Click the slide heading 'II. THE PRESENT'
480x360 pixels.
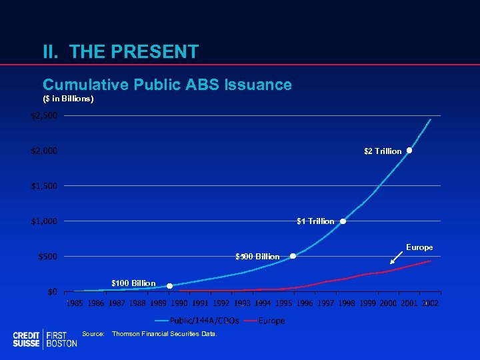click(120, 51)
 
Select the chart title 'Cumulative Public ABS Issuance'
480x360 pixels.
click(167, 85)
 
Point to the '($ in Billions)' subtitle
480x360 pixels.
click(68, 99)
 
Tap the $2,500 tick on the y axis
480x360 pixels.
click(44, 116)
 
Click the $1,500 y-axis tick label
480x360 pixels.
click(44, 186)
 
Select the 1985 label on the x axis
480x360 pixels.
click(75, 304)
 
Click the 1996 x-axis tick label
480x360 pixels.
click(305, 304)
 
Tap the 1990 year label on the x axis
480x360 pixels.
click(179, 304)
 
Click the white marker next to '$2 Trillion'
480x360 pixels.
click(409, 151)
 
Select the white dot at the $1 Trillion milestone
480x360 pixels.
click(343, 221)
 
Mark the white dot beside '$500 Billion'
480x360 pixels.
click(293, 256)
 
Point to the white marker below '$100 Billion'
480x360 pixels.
click(169, 286)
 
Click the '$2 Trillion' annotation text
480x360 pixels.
click(383, 151)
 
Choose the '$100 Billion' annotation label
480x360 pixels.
click(133, 283)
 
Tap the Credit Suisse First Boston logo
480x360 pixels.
click(44, 339)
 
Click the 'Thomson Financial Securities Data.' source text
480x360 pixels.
click(165, 333)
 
